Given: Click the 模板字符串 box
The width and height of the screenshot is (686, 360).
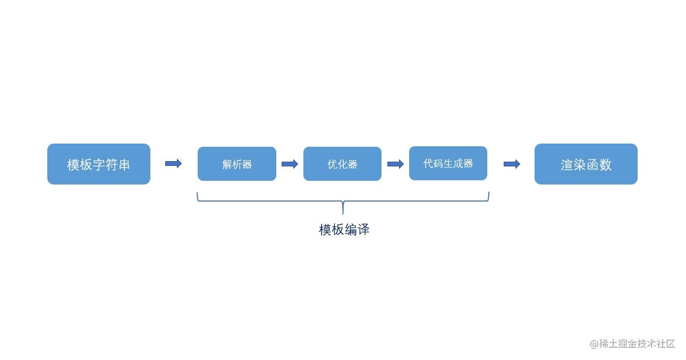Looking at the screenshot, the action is (x=99, y=164).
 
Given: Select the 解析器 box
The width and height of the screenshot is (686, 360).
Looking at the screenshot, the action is (x=237, y=164).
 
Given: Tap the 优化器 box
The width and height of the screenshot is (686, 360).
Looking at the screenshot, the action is (x=342, y=164).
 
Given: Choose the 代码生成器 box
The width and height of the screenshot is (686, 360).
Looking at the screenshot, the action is (x=448, y=163).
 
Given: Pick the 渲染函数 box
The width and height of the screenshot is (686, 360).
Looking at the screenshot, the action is (x=586, y=164).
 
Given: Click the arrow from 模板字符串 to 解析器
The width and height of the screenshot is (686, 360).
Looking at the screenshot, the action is (x=173, y=164).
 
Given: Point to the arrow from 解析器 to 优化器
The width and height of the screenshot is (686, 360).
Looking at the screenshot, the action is (x=290, y=164).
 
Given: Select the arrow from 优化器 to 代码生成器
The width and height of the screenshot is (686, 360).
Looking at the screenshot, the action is (x=395, y=164).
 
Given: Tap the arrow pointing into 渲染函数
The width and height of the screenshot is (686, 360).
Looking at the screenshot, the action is (x=512, y=164).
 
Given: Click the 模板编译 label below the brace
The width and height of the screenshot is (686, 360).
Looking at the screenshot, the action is (x=344, y=230).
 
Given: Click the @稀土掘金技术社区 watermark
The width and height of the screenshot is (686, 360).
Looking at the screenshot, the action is (x=632, y=344).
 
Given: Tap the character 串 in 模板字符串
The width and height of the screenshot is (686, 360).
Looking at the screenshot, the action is (x=124, y=165).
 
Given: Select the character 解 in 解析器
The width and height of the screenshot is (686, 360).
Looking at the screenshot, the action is (x=227, y=164).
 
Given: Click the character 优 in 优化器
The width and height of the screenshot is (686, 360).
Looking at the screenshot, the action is (x=333, y=164).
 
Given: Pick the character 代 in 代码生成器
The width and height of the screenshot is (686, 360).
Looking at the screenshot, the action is (x=428, y=163).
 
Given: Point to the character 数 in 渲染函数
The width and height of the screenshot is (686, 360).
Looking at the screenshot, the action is (x=605, y=165).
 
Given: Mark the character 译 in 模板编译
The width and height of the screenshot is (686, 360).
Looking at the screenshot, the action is (x=363, y=230).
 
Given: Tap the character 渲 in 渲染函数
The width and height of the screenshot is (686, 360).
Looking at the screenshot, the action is (x=567, y=165).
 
